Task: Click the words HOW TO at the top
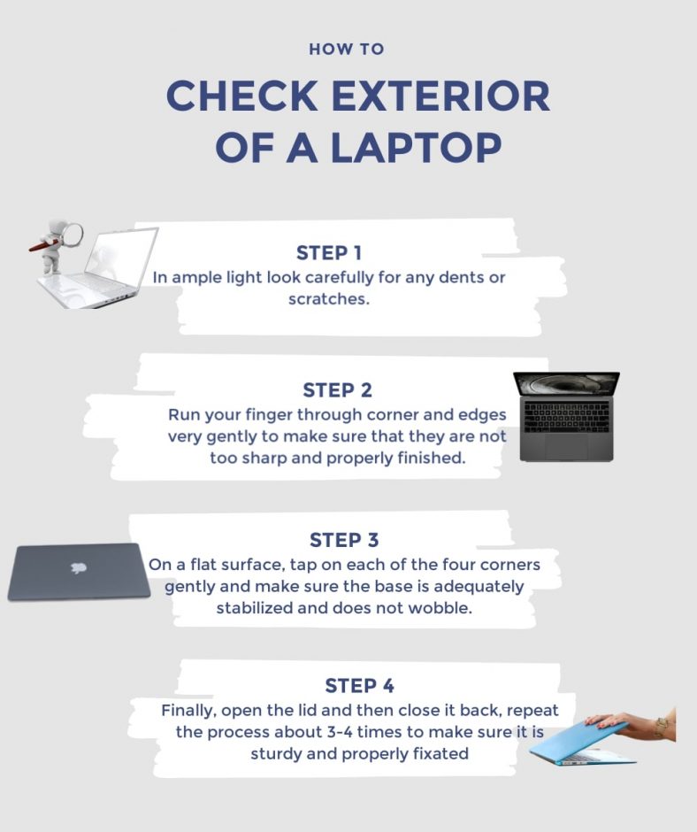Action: pyautogui.click(x=347, y=49)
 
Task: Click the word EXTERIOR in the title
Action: pyautogui.click(x=439, y=96)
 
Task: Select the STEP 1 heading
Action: pyautogui.click(x=329, y=253)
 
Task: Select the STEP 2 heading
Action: pyautogui.click(x=337, y=390)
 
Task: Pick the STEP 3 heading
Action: pyautogui.click(x=344, y=540)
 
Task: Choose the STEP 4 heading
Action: pyautogui.click(x=359, y=686)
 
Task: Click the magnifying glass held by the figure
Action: pyautogui.click(x=72, y=235)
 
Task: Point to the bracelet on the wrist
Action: pyautogui.click(x=660, y=727)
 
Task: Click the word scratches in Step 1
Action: pyautogui.click(x=327, y=299)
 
